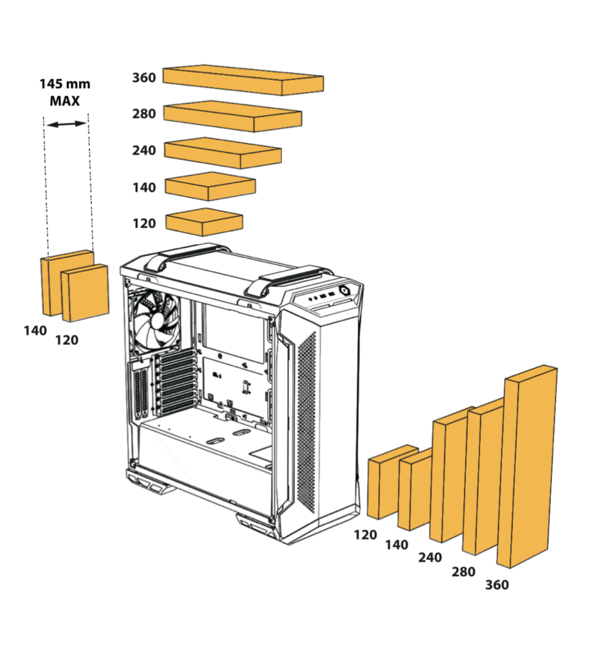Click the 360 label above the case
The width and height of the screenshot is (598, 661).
tap(144, 78)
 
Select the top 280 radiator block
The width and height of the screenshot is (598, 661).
tap(232, 116)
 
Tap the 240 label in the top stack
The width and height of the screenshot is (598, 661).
tap(144, 150)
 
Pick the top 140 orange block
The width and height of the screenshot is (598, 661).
tap(210, 186)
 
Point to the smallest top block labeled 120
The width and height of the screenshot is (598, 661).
tap(204, 222)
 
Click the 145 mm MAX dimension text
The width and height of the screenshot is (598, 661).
tap(64, 92)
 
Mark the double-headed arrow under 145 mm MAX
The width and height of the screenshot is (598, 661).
tap(67, 124)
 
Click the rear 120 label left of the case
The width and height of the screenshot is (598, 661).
tap(67, 340)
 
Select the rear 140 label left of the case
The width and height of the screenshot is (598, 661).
tap(35, 331)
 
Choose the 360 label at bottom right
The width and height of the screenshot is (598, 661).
tap(497, 585)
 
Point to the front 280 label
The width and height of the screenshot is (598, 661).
tap(464, 571)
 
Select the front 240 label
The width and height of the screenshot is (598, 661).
tap(430, 557)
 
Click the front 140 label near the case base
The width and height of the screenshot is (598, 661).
tap(397, 545)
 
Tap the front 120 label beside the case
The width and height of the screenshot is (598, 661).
tap(366, 535)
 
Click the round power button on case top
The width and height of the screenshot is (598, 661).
tap(345, 290)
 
